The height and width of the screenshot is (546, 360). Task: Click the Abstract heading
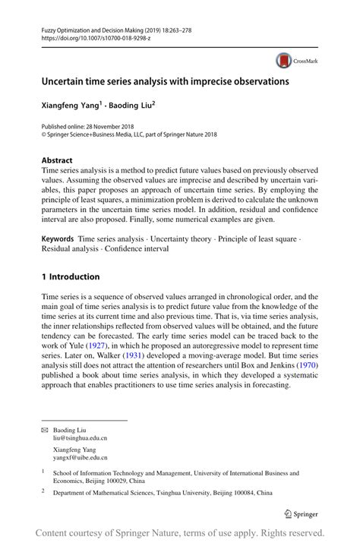(57, 160)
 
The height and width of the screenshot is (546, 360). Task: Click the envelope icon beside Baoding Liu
(43, 429)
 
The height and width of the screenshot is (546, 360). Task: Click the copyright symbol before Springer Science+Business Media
(43, 135)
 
